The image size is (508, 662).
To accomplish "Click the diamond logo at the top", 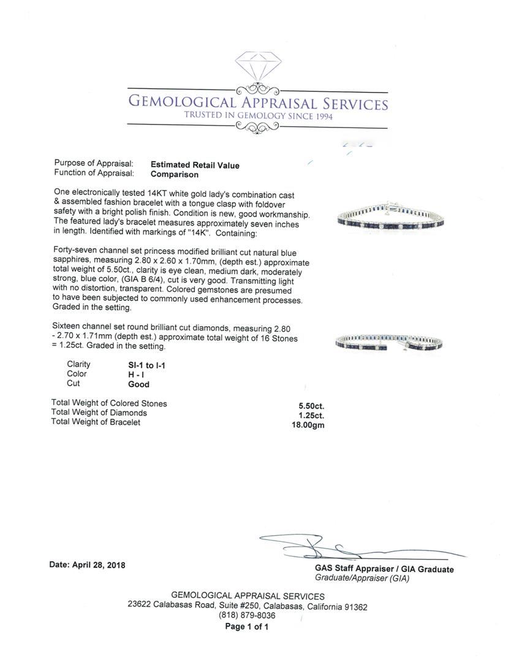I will click(257, 66).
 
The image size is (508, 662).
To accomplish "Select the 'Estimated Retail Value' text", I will click(195, 165).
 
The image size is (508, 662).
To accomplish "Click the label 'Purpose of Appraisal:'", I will click(94, 164).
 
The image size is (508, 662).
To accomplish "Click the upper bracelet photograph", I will click(390, 218).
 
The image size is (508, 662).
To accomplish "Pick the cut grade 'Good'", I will click(138, 385).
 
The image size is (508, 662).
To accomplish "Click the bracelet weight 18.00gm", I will click(309, 425).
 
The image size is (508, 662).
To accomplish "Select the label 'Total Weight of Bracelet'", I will click(96, 422).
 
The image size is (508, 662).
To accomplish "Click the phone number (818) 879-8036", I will click(247, 615).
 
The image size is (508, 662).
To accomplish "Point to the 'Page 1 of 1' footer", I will click(247, 626).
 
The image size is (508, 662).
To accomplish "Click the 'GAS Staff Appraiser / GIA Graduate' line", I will click(384, 569).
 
